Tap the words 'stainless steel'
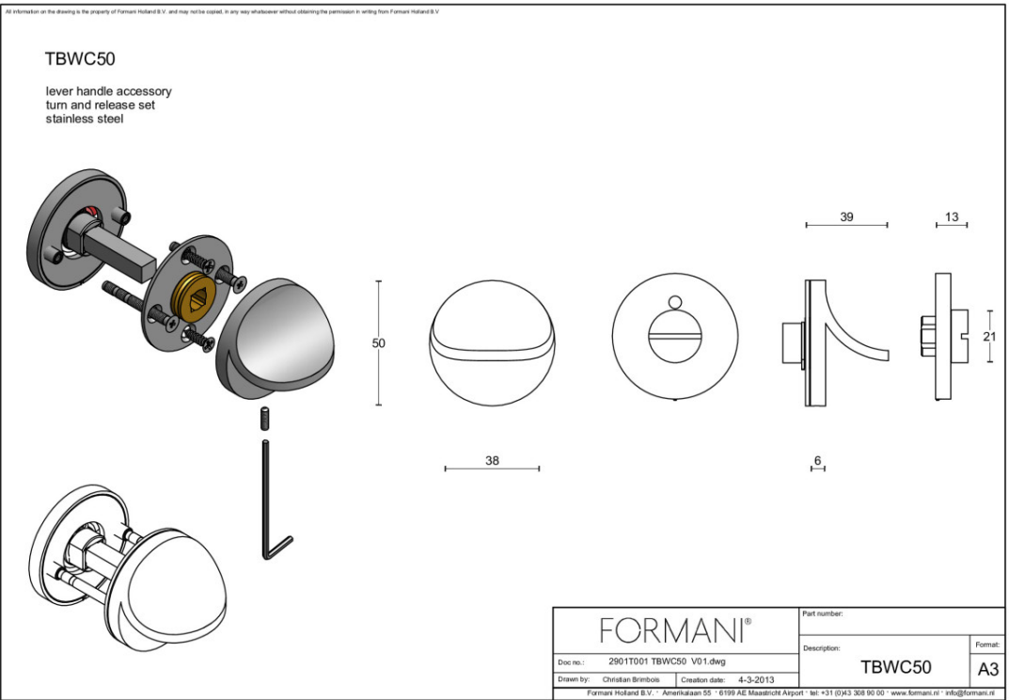[x=87, y=119]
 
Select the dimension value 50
[x=379, y=343]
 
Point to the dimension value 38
[x=492, y=460]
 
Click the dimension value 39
[x=846, y=216]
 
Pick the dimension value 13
[x=952, y=216]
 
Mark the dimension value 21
[x=988, y=336]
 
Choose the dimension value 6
[x=817, y=460]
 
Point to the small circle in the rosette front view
[x=673, y=302]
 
